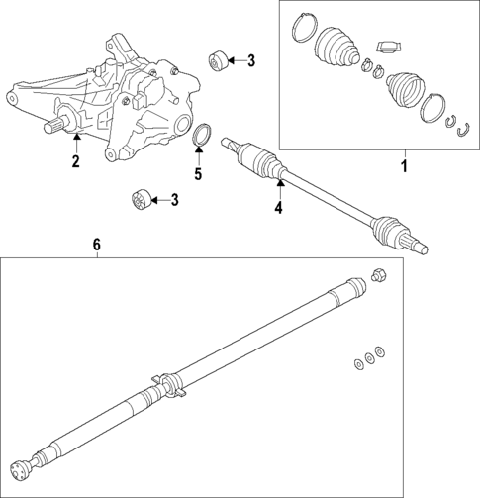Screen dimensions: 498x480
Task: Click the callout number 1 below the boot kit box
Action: pos(403,166)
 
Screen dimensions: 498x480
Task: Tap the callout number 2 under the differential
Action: pos(75,162)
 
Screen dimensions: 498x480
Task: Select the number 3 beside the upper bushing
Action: pos(250,61)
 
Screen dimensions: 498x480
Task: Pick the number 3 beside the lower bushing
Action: pos(174,201)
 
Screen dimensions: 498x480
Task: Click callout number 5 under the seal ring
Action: pos(197,175)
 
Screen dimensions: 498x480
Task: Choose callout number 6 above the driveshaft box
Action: pos(97,244)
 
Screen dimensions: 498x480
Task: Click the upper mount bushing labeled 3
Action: pos(221,60)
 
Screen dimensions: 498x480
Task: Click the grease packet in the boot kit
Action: pos(388,47)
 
